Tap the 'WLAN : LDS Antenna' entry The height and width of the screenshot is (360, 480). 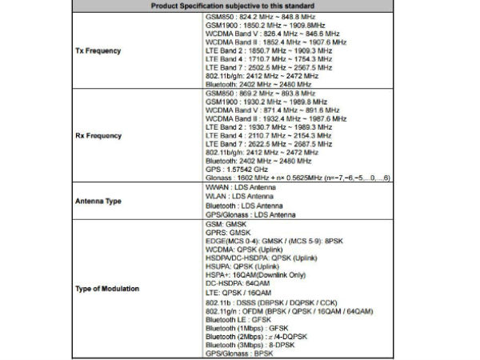tap(234, 194)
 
